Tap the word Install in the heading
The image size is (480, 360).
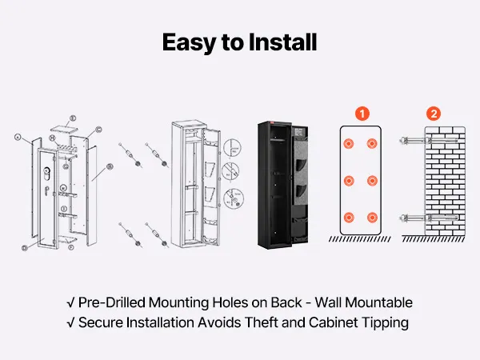click(x=282, y=42)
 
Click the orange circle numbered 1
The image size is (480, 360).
click(x=362, y=114)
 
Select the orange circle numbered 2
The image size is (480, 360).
click(x=434, y=114)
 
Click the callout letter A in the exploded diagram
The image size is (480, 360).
click(x=18, y=137)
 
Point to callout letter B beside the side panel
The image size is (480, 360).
click(x=110, y=167)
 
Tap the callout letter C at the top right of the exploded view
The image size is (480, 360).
click(x=98, y=130)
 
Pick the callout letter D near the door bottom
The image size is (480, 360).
click(x=25, y=248)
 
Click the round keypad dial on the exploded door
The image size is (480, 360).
click(x=47, y=171)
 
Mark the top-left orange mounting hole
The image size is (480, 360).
click(x=349, y=143)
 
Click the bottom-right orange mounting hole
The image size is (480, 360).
click(x=372, y=218)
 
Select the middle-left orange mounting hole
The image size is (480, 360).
click(x=349, y=181)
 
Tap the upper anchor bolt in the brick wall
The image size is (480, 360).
click(x=429, y=141)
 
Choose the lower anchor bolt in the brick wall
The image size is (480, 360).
click(x=429, y=218)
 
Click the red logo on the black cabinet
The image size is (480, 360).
click(x=273, y=123)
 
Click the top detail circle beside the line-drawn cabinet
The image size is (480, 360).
click(x=232, y=147)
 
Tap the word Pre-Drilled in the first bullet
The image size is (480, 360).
click(x=112, y=302)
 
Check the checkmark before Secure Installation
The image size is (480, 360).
click(x=70, y=323)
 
